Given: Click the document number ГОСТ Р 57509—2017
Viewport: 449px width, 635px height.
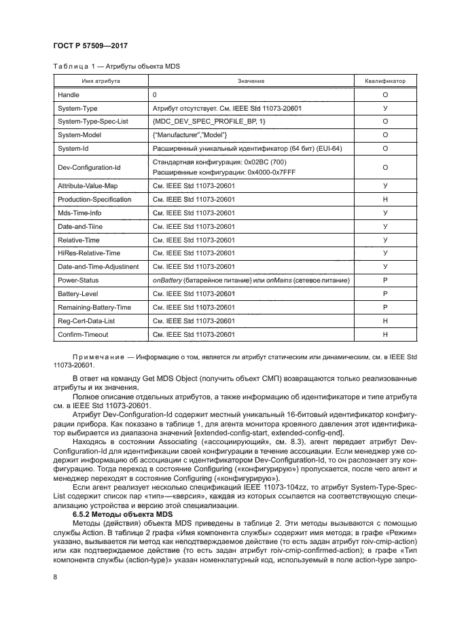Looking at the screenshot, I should point(90,46).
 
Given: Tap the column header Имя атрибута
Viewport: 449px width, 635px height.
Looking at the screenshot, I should point(102,81).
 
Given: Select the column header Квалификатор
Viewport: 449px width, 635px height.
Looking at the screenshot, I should point(385,81).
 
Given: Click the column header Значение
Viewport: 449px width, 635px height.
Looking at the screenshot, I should point(251,81).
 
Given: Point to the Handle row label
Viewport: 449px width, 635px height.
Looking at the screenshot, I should point(69,95).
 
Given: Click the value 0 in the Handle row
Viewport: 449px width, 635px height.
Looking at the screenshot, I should point(155,95).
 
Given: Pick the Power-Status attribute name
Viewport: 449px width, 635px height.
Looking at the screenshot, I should point(78,280).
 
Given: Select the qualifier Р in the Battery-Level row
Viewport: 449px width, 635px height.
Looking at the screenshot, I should point(385,293).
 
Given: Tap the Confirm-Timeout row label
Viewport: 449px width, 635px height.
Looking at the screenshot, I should point(83,335).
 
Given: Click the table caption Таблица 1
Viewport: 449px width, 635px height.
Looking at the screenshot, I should point(76,66).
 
